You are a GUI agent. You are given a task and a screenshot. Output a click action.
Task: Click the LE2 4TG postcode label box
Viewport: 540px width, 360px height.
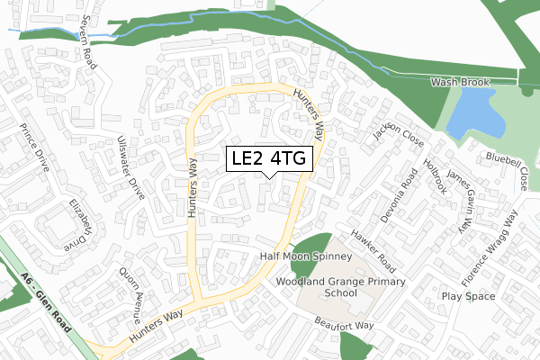pos(269,159)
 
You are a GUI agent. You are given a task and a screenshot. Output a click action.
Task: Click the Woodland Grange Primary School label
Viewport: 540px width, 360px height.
pos(341,287)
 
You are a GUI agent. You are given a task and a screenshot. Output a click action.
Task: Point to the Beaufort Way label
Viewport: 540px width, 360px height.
pos(343,324)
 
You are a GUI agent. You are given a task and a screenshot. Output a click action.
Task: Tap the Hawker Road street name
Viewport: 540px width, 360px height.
pos(373,249)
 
